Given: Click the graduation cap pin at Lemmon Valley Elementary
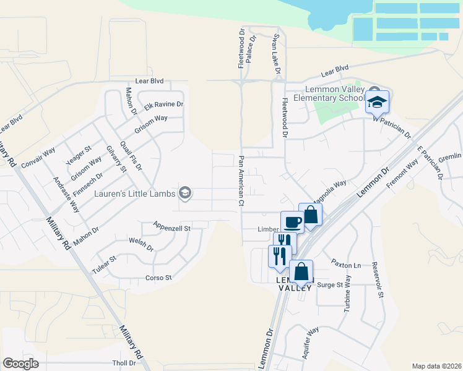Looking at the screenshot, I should pos(376,101).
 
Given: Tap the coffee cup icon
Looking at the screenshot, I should pos(292,221).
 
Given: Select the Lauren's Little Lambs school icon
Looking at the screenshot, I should pos(184,194).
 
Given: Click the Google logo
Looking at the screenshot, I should pos(20,363).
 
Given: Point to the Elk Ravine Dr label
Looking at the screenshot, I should pos(164,105).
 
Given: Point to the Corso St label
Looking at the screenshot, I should pos(158,278).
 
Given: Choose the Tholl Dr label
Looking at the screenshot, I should pos(124,363).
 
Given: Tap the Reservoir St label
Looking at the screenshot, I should pos(378,279).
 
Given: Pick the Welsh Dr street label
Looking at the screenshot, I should pos(141,244).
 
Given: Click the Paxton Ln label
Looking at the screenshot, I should pos(345,264).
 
